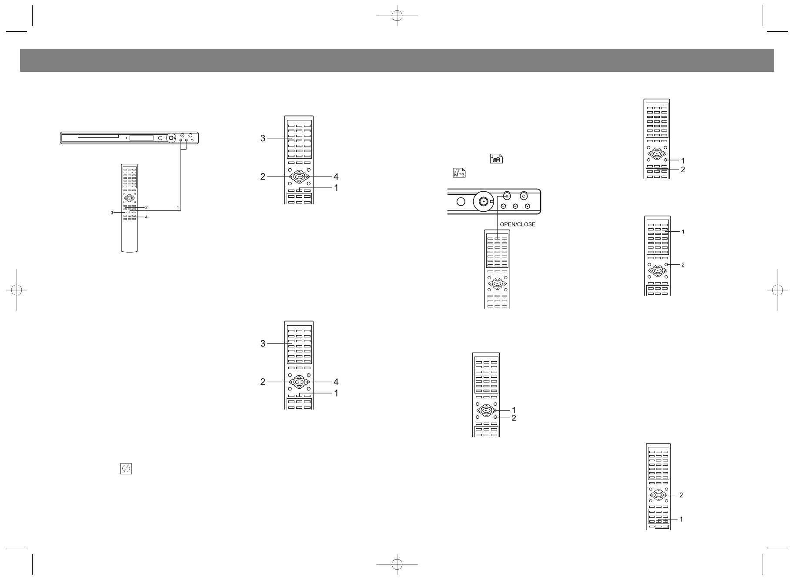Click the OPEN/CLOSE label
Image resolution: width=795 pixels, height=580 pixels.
pos(518,224)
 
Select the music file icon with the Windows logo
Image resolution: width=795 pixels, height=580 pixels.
pos(496,159)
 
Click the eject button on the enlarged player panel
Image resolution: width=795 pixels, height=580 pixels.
pos(506,196)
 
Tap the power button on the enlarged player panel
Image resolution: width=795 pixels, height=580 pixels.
pos(524,196)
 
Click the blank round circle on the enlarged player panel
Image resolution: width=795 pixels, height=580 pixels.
pos(461,202)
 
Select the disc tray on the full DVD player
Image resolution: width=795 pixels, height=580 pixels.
pos(98,136)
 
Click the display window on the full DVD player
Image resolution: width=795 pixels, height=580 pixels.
pos(142,138)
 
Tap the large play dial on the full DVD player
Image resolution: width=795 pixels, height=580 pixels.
pos(171,138)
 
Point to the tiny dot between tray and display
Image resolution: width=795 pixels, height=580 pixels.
pos(126,138)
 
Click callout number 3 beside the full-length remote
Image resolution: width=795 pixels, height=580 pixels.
pos(112,212)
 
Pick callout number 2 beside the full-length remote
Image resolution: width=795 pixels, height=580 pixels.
pos(147,207)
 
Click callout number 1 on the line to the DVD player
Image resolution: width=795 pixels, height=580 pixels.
pos(178,207)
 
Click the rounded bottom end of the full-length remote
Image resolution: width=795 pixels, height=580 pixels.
pos(129,250)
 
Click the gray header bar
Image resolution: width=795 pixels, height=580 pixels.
pos(397,60)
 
